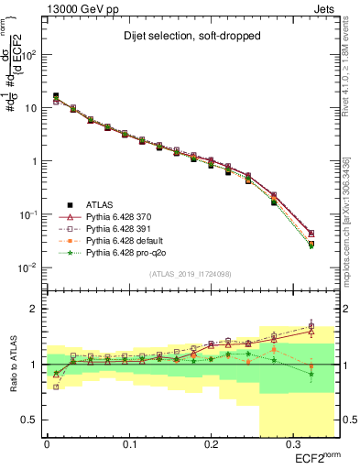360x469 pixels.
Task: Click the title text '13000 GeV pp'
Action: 77,8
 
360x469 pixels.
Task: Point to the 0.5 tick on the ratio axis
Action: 31,420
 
